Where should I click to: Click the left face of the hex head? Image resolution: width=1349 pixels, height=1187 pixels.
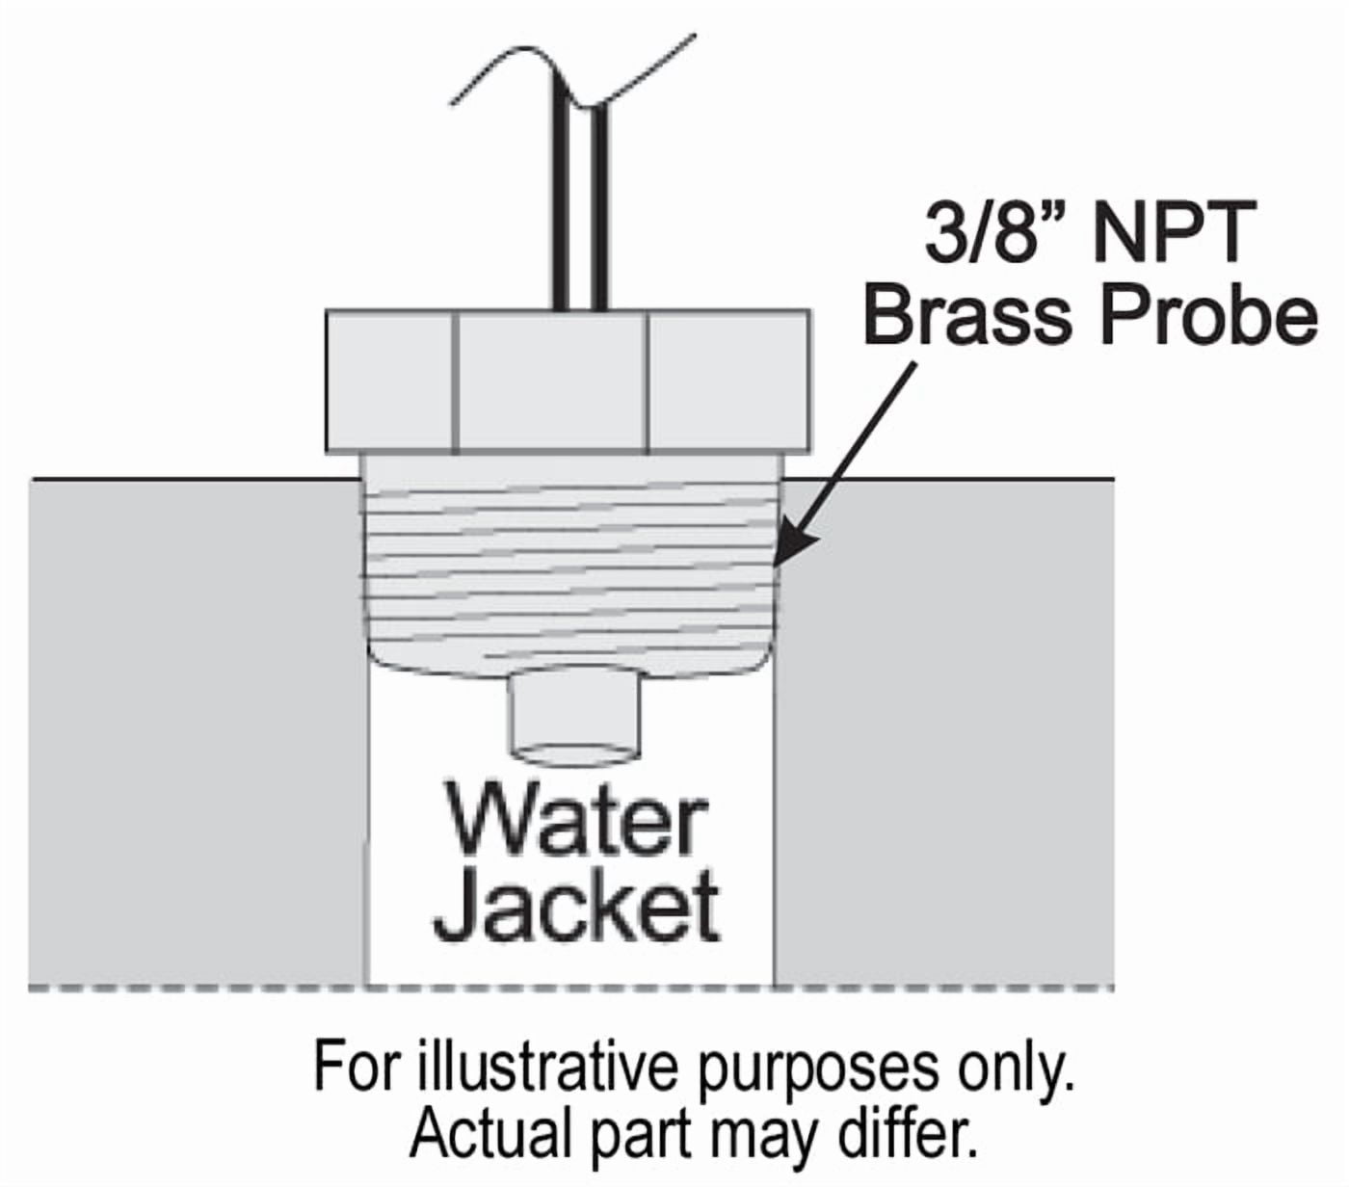389,380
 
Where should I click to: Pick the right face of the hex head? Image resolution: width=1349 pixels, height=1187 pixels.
728,380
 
